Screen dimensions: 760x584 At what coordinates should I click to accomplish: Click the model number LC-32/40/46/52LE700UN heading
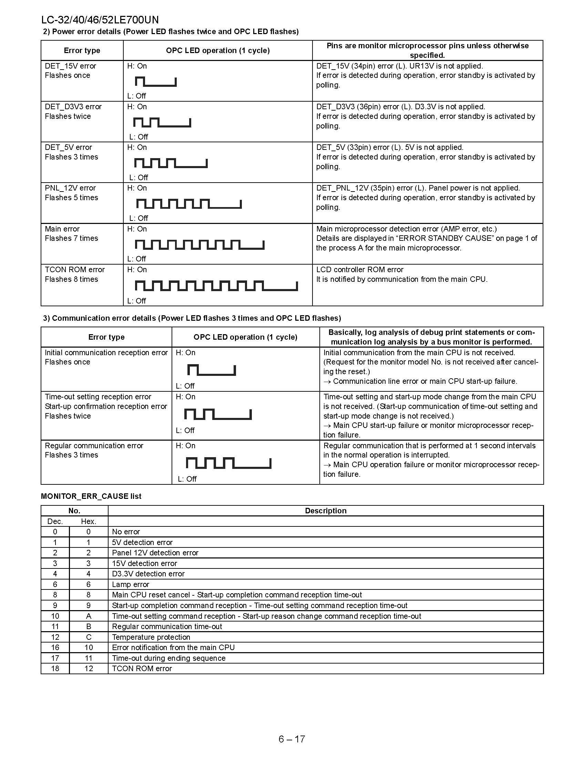pyautogui.click(x=100, y=19)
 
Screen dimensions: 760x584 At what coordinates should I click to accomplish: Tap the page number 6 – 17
pyautogui.click(x=291, y=739)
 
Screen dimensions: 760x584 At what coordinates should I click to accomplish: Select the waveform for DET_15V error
pyautogui.click(x=156, y=82)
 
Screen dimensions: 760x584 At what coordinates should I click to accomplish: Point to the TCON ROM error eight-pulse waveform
pyautogui.click(x=216, y=286)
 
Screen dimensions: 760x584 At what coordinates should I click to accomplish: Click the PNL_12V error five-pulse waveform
pyautogui.click(x=189, y=204)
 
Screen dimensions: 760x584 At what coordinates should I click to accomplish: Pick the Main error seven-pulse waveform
pyautogui.click(x=199, y=245)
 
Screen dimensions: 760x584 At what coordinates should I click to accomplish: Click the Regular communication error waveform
pyautogui.click(x=228, y=463)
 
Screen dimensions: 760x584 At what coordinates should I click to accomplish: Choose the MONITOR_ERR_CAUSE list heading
pyautogui.click(x=91, y=496)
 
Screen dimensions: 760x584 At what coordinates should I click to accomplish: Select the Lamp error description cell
pyautogui.click(x=130, y=585)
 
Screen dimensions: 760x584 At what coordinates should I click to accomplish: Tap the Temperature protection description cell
pyautogui.click(x=151, y=637)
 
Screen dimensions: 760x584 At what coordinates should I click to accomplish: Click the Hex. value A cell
pyautogui.click(x=89, y=616)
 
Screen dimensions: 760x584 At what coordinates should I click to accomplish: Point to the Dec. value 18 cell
pyautogui.click(x=55, y=669)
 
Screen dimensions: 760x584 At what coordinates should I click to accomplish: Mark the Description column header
pyautogui.click(x=326, y=511)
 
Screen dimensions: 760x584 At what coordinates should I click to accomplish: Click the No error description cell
pyautogui.click(x=126, y=532)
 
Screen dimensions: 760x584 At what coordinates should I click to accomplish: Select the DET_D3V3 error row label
pyautogui.click(x=73, y=107)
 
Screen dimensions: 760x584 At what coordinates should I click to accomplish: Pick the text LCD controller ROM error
pyautogui.click(x=360, y=270)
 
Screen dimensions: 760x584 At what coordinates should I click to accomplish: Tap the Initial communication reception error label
pyautogui.click(x=106, y=353)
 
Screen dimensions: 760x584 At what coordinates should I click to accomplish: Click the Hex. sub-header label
pyautogui.click(x=89, y=521)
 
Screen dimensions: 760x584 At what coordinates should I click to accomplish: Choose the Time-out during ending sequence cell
pyautogui.click(x=168, y=658)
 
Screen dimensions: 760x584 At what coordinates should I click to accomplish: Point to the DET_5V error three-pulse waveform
pyautogui.click(x=171, y=163)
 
